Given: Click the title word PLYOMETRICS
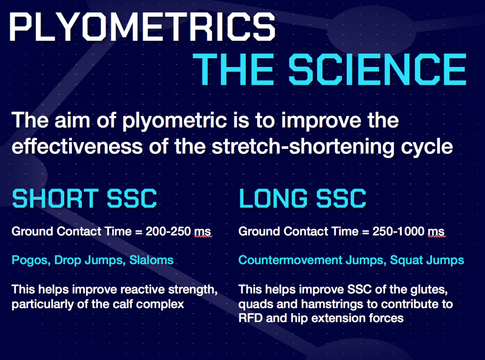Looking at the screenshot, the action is tap(142, 27).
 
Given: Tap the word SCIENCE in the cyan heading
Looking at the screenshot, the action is tap(377, 69).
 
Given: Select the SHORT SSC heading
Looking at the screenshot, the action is tap(84, 198).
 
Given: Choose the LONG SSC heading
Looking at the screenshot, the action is tap(303, 198).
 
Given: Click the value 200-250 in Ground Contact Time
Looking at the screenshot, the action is tap(168, 231).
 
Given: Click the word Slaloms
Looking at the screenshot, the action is tap(151, 260).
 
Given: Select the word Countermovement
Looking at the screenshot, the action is tap(290, 260).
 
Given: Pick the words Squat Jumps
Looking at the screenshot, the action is tap(427, 261).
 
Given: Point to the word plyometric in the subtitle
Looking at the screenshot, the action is tap(174, 121).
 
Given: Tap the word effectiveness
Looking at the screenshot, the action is tap(77, 146).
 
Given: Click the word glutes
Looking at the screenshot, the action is tap(429, 290).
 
